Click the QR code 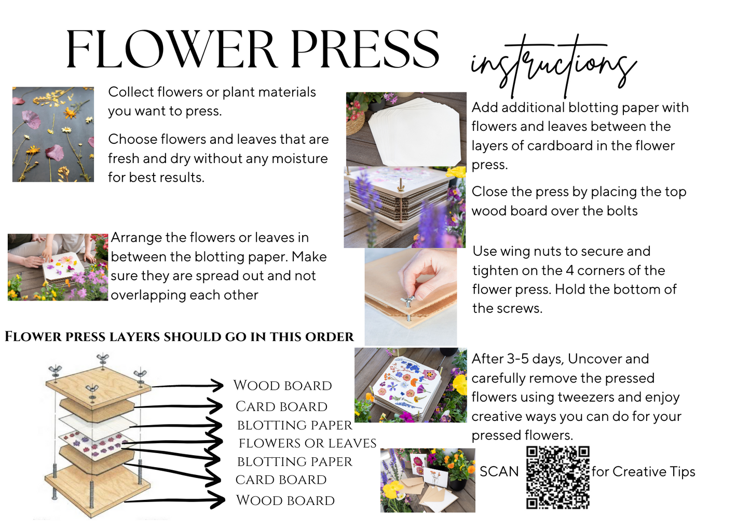click(558, 478)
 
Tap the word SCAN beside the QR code click(499, 472)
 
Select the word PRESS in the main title click(365, 49)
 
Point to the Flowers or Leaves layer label click(307, 443)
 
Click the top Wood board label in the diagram click(282, 385)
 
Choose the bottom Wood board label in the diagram click(285, 500)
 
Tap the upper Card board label click(281, 406)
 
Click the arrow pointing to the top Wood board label click(187, 386)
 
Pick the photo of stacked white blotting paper click(406, 129)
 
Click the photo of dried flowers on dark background click(53, 134)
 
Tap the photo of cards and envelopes click(428, 481)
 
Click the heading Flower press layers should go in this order click(179, 337)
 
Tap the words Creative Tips click(654, 472)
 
